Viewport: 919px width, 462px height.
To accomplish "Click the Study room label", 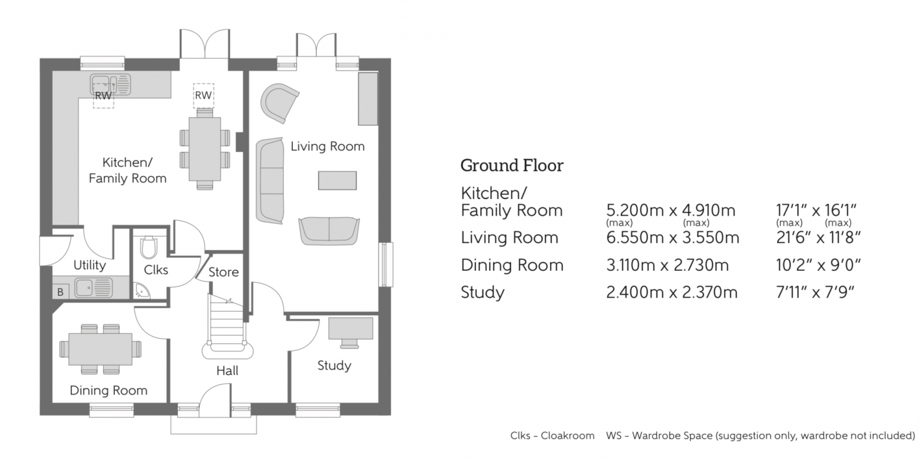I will point(334,366).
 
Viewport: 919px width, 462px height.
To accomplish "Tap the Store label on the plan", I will point(223,272).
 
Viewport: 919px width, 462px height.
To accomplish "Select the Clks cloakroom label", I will point(156,270).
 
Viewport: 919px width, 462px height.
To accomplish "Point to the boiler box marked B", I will point(60,292).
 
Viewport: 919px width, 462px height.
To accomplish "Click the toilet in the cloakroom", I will point(148,247).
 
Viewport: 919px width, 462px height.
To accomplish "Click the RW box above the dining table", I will point(203,95).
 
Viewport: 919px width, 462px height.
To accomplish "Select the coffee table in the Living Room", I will point(337,181).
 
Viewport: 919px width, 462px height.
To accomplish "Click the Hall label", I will point(227,371).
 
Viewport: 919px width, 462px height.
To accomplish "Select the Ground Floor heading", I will point(512,166).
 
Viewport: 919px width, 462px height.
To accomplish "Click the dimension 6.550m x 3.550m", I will point(673,238).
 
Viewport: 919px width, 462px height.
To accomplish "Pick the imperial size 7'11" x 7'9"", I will point(815,292).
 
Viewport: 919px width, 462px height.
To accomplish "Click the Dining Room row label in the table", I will point(512,265).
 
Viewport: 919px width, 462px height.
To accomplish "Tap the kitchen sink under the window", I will point(110,84).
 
